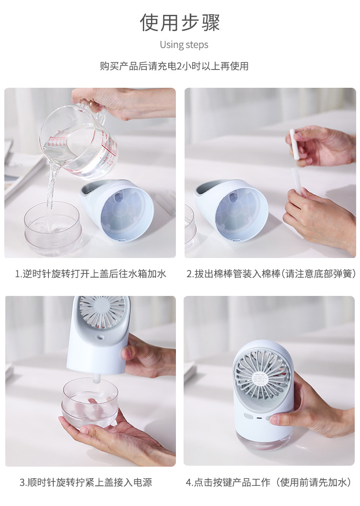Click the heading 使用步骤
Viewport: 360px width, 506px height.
coord(180,22)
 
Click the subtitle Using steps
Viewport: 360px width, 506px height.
coord(184,45)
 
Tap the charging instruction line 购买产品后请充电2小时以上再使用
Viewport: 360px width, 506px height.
coord(174,66)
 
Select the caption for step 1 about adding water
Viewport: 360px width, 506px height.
coord(90,274)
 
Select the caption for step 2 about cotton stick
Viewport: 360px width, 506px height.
coord(271,274)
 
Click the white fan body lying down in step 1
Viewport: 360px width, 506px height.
coord(118,209)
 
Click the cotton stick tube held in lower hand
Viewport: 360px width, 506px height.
coord(297,180)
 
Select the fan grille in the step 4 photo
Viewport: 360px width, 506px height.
coord(262,377)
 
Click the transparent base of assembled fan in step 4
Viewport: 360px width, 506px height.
coord(265,436)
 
